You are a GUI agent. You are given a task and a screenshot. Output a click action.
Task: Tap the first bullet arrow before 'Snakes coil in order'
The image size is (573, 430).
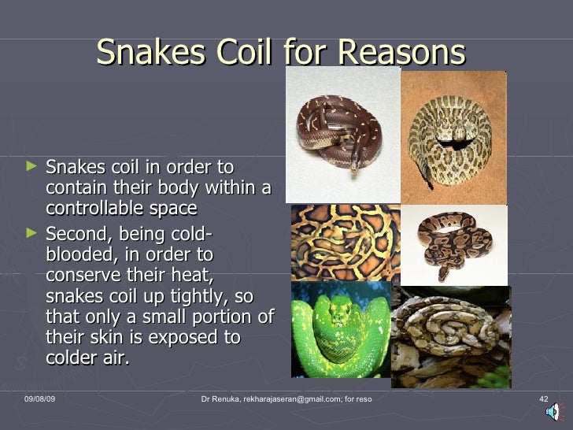(x=31, y=167)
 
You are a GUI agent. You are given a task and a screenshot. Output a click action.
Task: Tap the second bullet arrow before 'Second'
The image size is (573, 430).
(x=31, y=234)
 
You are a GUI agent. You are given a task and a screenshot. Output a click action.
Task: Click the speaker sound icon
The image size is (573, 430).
(x=555, y=410)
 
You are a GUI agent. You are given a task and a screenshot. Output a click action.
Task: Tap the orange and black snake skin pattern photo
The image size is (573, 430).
(x=345, y=242)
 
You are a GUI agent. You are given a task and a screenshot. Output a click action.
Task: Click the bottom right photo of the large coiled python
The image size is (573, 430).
(x=451, y=337)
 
